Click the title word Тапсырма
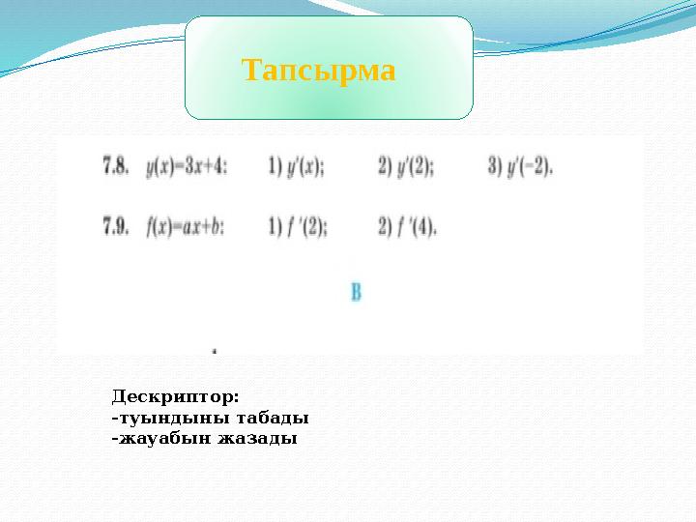click(x=319, y=71)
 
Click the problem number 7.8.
click(x=116, y=166)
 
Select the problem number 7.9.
click(x=116, y=228)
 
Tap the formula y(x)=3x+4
click(x=187, y=166)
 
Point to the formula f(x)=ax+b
click(x=186, y=228)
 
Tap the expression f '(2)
click(x=307, y=228)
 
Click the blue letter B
click(x=356, y=291)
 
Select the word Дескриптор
click(x=175, y=397)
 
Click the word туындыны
click(x=159, y=419)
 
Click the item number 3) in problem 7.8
click(x=494, y=166)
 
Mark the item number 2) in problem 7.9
click(x=384, y=228)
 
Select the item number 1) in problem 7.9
click(x=274, y=228)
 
